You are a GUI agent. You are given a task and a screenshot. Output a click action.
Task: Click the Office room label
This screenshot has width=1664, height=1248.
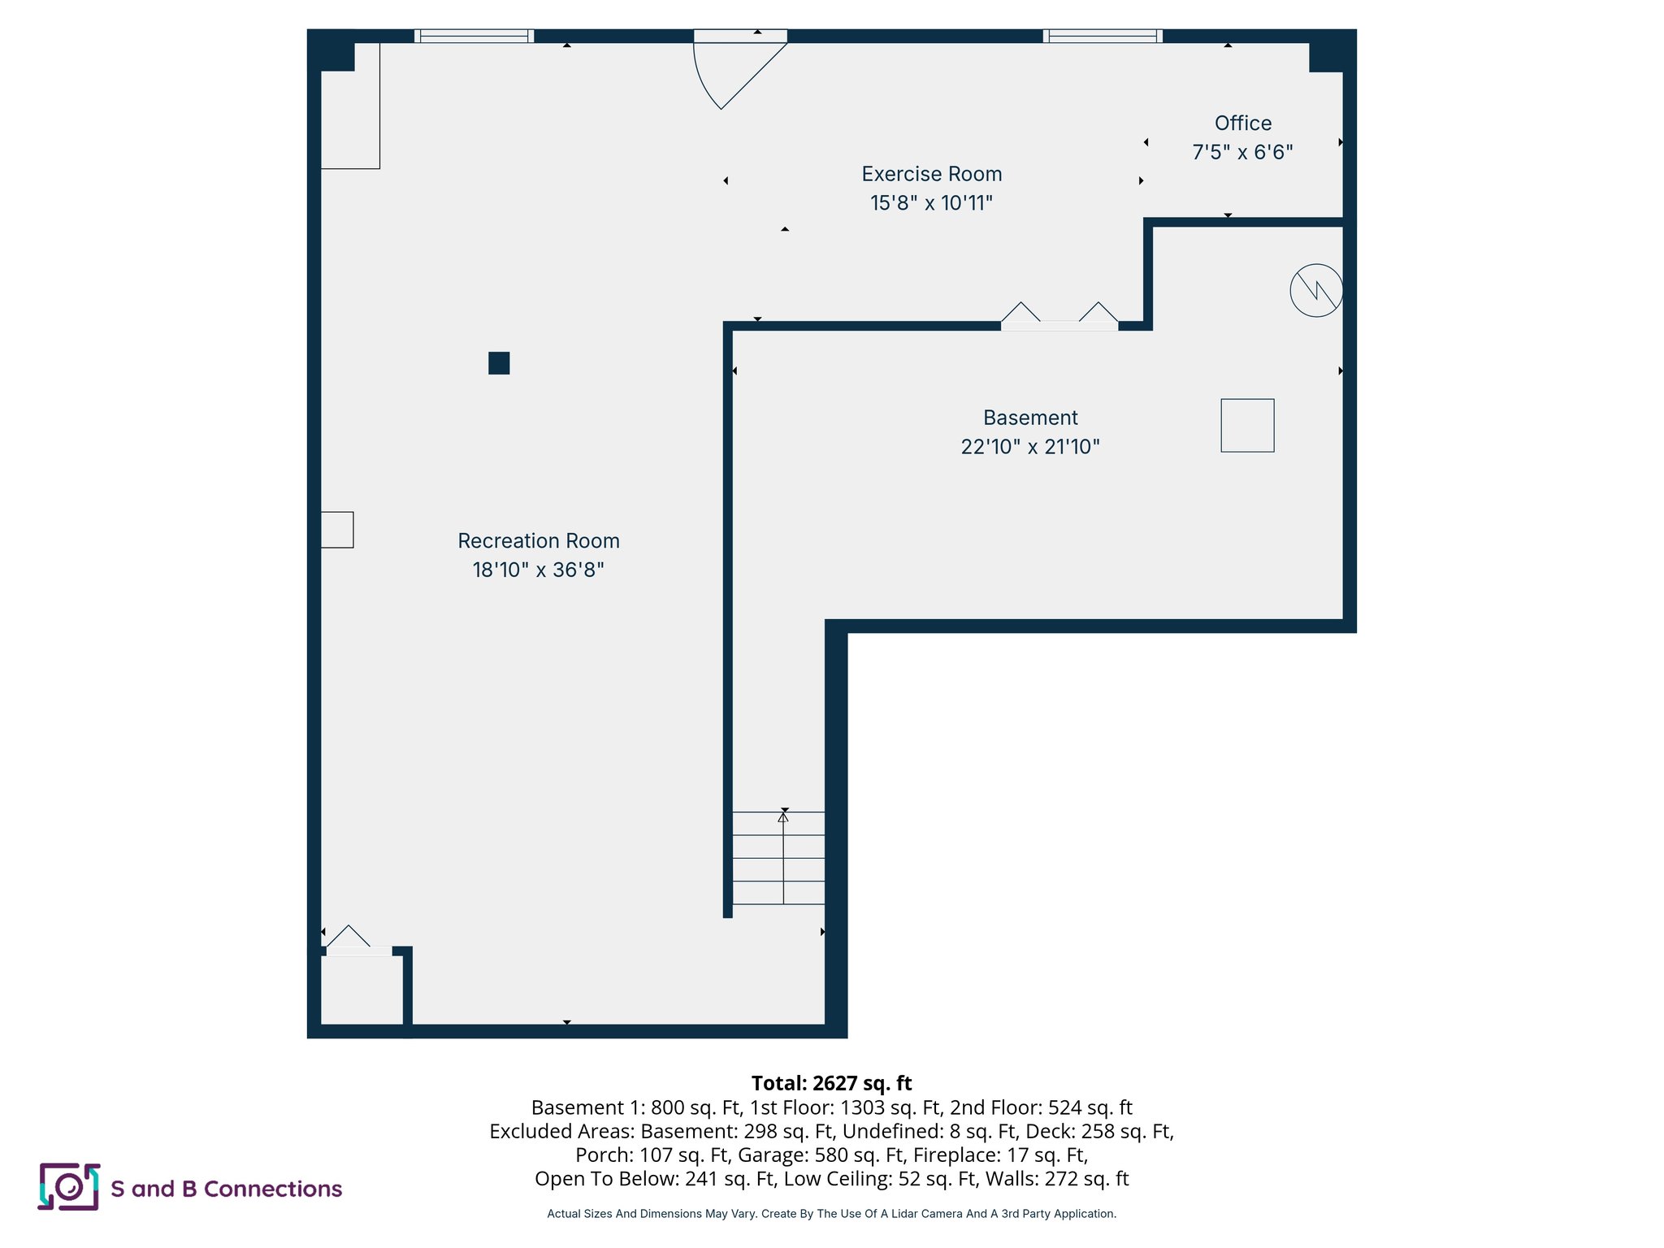click(x=1242, y=123)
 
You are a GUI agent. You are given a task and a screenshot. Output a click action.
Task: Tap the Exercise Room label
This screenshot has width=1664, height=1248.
click(x=931, y=174)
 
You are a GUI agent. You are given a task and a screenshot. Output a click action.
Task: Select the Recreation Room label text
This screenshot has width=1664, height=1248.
click(x=538, y=540)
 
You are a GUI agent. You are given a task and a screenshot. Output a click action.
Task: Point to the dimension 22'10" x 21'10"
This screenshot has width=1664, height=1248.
click(x=1029, y=446)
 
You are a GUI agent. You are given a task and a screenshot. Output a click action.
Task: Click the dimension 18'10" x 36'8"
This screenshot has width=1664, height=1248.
click(x=538, y=570)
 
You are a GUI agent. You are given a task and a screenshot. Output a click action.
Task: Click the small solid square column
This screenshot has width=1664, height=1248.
click(x=499, y=363)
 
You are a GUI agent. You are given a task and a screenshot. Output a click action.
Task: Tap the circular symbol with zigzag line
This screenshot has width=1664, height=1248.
click(x=1315, y=290)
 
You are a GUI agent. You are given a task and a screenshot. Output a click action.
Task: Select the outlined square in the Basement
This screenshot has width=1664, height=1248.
click(x=1247, y=425)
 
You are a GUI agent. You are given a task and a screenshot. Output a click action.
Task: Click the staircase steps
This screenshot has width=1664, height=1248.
click(x=778, y=858)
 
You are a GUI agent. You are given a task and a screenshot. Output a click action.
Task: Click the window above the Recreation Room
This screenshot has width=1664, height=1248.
click(x=474, y=36)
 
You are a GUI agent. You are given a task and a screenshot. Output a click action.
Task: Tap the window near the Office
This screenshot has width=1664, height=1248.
click(x=1103, y=36)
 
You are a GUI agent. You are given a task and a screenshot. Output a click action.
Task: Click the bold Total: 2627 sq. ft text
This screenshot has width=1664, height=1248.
click(x=831, y=1083)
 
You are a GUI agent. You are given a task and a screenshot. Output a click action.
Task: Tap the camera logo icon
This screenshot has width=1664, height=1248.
click(x=69, y=1187)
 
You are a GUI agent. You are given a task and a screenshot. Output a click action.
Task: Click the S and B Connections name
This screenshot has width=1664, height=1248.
click(x=226, y=1189)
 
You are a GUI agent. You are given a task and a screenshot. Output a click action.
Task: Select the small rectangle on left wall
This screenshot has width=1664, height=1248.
click(x=336, y=530)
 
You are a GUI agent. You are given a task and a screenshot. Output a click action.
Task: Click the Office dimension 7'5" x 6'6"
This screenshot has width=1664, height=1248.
click(x=1242, y=152)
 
